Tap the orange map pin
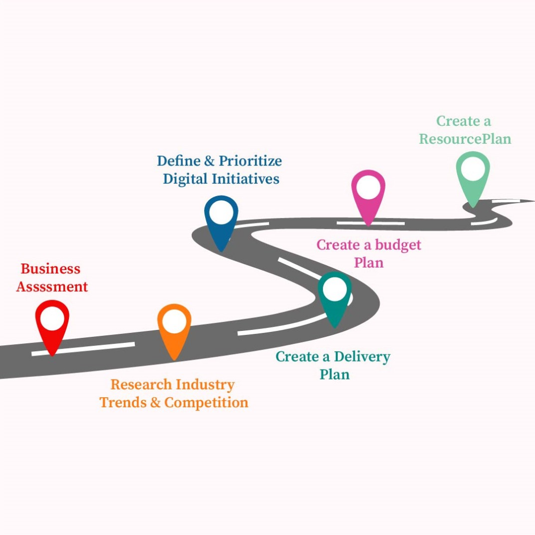click(174, 329)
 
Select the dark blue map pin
click(221, 220)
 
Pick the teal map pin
click(334, 297)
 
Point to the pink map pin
click(368, 196)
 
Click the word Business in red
click(50, 269)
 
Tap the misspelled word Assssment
click(52, 286)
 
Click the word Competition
click(206, 402)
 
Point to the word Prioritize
click(250, 161)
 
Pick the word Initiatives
click(246, 179)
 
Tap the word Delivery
click(362, 357)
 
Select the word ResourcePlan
click(465, 139)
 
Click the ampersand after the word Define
click(209, 161)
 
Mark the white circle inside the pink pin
click(368, 188)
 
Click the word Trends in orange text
click(123, 402)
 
